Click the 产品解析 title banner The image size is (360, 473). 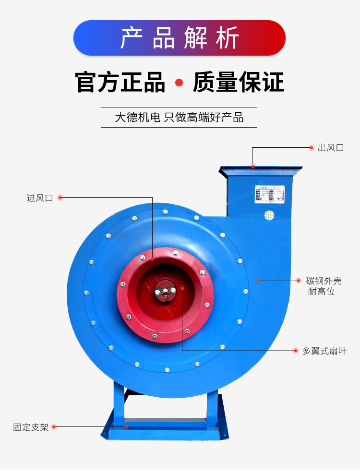180,38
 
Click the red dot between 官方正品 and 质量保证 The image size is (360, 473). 179,83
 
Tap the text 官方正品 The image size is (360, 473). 120,83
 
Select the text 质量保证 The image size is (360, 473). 238,83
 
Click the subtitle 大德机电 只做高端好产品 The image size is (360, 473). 179,118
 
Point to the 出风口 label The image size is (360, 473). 331,148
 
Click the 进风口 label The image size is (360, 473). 40,198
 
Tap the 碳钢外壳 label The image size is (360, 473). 324,281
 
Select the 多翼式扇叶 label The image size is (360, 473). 324,351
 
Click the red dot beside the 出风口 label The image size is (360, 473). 311,148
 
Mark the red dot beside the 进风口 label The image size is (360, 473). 60,198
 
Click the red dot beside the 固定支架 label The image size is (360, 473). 54,427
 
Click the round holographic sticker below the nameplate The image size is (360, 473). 269,215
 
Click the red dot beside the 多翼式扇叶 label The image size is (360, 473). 296,351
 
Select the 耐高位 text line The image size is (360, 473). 322,292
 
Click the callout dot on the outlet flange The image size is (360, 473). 253,166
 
